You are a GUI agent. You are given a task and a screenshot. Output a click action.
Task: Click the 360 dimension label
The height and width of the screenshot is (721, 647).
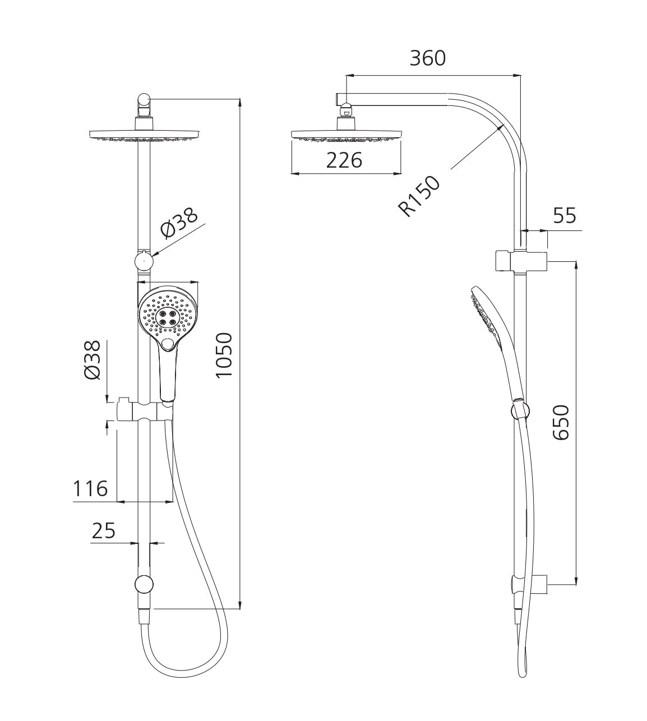427,58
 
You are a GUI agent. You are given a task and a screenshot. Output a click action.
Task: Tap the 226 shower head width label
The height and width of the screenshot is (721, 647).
344,160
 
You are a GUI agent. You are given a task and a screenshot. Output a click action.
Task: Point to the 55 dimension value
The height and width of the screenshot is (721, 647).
565,215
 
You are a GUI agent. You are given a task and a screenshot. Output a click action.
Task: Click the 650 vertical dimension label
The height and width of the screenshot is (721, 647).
561,422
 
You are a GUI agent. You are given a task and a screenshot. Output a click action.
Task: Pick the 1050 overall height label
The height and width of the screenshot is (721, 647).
224,355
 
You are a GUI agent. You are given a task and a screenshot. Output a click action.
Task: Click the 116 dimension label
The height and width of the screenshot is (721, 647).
90,489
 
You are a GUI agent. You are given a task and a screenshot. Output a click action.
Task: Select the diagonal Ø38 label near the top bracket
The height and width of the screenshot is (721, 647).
179,224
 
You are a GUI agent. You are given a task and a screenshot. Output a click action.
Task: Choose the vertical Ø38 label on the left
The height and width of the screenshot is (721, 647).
92,360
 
